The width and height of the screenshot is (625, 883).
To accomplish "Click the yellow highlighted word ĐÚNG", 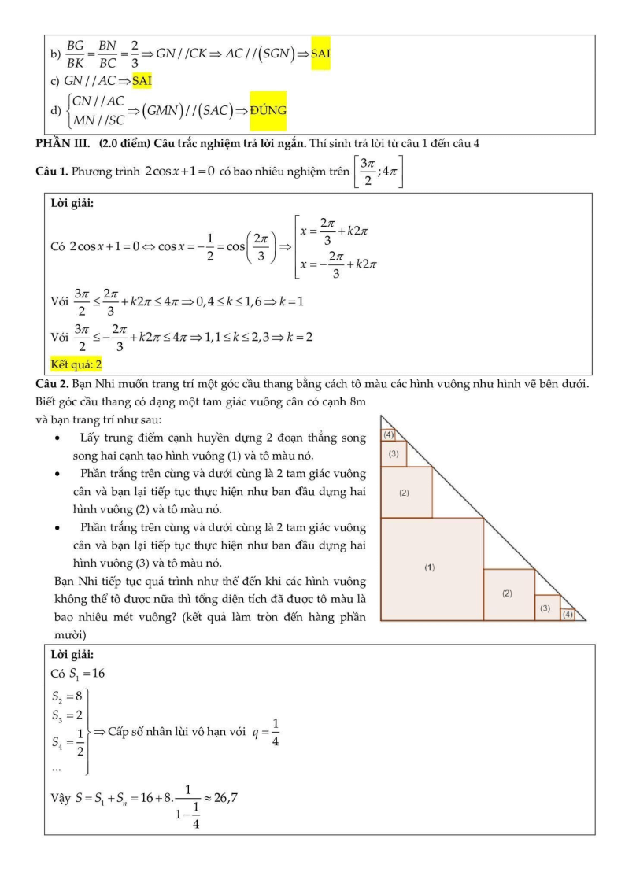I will click(x=268, y=111).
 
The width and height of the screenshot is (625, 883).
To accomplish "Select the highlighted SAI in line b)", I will click(x=320, y=54).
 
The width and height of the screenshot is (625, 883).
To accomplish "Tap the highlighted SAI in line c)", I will click(x=142, y=80).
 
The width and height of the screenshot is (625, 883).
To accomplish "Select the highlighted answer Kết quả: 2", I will click(x=76, y=364).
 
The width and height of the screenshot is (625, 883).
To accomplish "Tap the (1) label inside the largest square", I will click(x=430, y=567).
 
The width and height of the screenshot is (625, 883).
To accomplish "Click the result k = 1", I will click(x=290, y=301).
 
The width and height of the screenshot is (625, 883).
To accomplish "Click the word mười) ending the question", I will click(x=68, y=634).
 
